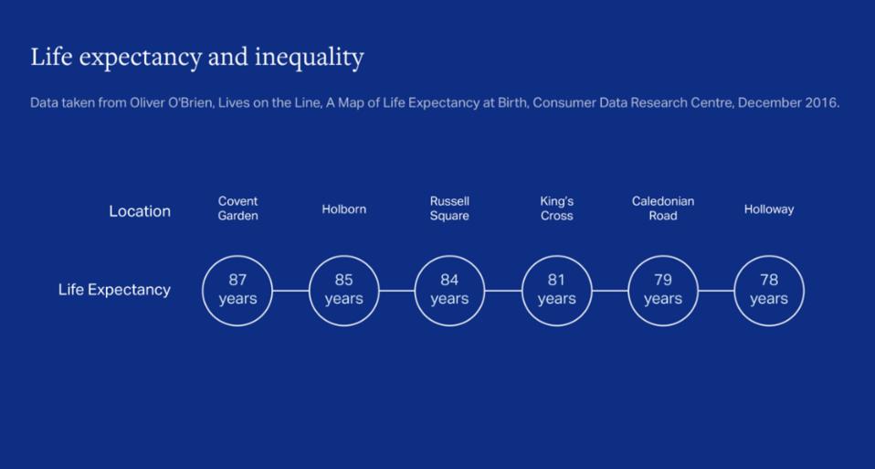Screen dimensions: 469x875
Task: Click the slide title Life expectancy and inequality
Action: coord(197,58)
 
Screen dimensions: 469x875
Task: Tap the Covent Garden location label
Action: coord(237,208)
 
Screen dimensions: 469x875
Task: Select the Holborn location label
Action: coord(343,209)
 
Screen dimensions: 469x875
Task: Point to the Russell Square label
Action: coord(449,208)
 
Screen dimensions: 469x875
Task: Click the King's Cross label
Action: coord(556,208)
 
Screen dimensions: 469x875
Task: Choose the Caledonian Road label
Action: coord(662,208)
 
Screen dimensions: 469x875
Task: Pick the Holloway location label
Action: coord(768,209)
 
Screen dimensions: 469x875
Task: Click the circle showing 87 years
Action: coord(237,290)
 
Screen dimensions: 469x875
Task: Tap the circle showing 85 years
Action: coord(343,290)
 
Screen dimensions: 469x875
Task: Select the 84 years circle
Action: coord(449,290)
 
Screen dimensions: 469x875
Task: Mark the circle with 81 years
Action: coord(556,290)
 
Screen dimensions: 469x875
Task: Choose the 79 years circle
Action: coord(662,290)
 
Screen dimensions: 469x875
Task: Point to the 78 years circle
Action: coord(769,290)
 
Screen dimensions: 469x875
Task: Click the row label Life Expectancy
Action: coord(114,290)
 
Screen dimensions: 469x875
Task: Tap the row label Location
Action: coord(140,211)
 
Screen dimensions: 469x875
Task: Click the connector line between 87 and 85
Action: coord(290,291)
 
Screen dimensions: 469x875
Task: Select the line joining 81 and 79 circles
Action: coord(609,291)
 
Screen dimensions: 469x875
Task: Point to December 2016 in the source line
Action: coord(788,102)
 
